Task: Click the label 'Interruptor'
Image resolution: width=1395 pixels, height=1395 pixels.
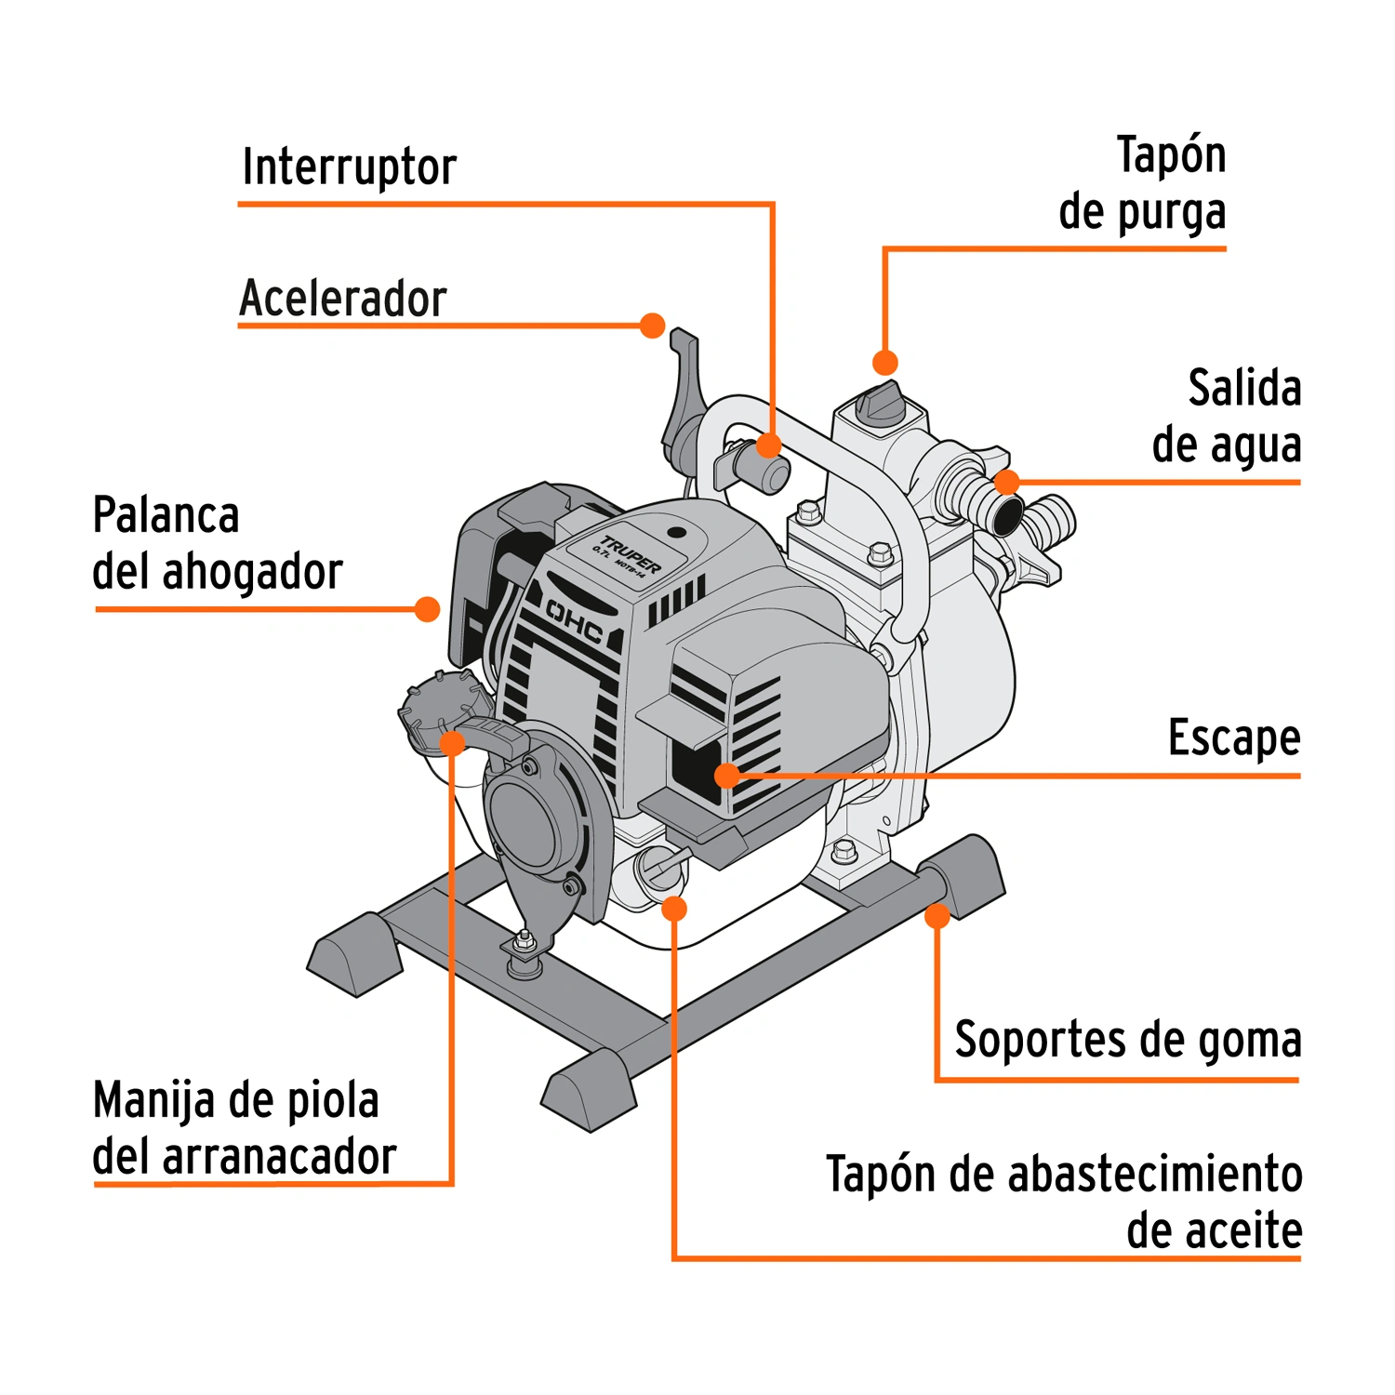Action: pyautogui.click(x=350, y=168)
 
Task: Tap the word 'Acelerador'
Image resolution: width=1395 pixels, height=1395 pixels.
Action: pyautogui.click(x=343, y=299)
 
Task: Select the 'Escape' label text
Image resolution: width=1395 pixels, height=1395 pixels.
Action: pyautogui.click(x=1234, y=739)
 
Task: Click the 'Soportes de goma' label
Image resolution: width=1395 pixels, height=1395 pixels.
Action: pyautogui.click(x=1128, y=1041)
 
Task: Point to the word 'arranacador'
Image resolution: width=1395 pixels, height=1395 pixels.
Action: pyautogui.click(x=280, y=1157)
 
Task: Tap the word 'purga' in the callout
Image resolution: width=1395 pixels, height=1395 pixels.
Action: pyautogui.click(x=1172, y=214)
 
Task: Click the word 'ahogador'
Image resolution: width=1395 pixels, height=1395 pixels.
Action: pyautogui.click(x=253, y=572)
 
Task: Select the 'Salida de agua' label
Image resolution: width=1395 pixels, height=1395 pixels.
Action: pyautogui.click(x=1227, y=416)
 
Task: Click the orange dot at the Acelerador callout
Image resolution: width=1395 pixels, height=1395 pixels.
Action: pyautogui.click(x=653, y=325)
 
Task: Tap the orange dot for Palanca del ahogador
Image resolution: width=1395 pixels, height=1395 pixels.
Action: pyautogui.click(x=427, y=609)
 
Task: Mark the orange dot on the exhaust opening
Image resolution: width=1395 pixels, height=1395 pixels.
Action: pyautogui.click(x=727, y=776)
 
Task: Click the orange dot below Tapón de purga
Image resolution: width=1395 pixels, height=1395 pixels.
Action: pyautogui.click(x=885, y=362)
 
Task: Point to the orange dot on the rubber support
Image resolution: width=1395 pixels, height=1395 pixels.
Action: pyautogui.click(x=937, y=916)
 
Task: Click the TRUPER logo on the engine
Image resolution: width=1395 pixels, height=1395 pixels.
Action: pyautogui.click(x=631, y=555)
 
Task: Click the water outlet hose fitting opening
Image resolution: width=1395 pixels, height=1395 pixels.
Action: pyautogui.click(x=1006, y=517)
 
